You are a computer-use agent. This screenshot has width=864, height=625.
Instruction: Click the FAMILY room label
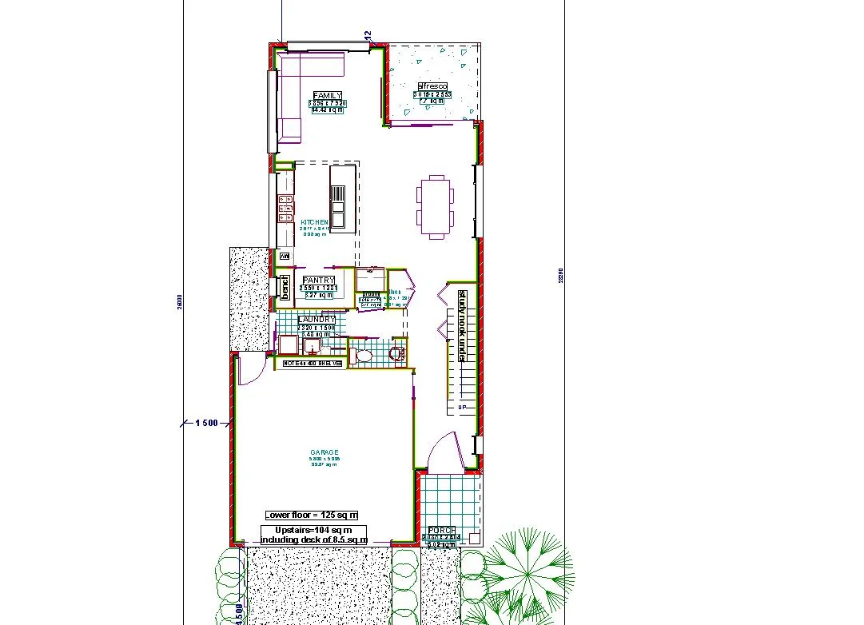pyautogui.click(x=328, y=96)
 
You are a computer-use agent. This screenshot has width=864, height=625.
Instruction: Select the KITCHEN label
pyautogui.click(x=314, y=222)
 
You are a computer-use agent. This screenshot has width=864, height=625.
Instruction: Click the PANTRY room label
pyautogui.click(x=319, y=280)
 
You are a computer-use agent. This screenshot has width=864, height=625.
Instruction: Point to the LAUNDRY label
pyautogui.click(x=317, y=320)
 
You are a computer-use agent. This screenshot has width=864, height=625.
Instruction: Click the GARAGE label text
pyautogui.click(x=324, y=452)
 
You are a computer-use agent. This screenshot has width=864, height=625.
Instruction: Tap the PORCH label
pyautogui.click(x=442, y=531)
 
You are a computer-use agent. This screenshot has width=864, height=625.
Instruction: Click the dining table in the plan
pyautogui.click(x=436, y=206)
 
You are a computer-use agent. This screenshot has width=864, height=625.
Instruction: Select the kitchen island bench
pyautogui.click(x=343, y=197)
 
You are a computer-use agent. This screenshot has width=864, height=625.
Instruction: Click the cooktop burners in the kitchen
pyautogui.click(x=285, y=209)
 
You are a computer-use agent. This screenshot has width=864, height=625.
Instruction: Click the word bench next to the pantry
pyautogui.click(x=284, y=287)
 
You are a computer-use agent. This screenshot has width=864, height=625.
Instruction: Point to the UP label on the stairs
pyautogui.click(x=462, y=408)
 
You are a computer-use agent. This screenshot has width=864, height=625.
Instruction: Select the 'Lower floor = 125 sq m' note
pyautogui.click(x=312, y=515)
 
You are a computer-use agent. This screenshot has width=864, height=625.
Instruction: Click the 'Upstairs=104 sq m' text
pyautogui.click(x=313, y=531)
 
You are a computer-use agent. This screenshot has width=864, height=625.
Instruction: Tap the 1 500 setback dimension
pyautogui.click(x=206, y=423)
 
